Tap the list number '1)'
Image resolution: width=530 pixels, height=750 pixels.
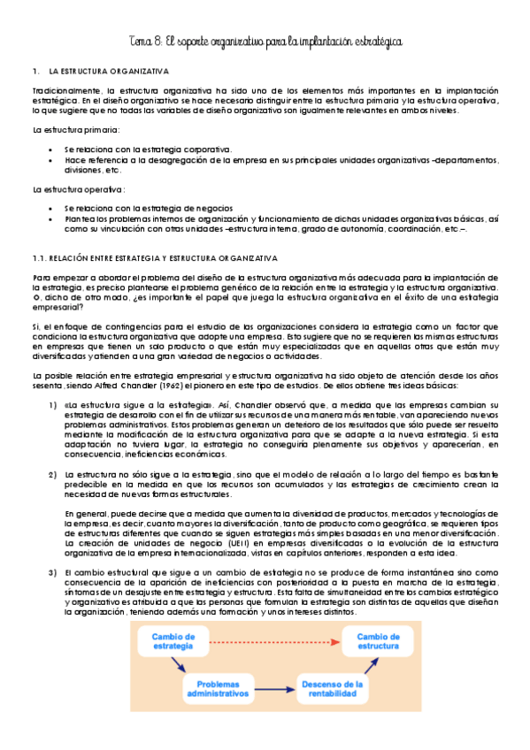(x=53, y=405)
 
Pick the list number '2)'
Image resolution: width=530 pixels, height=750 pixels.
(x=53, y=475)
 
